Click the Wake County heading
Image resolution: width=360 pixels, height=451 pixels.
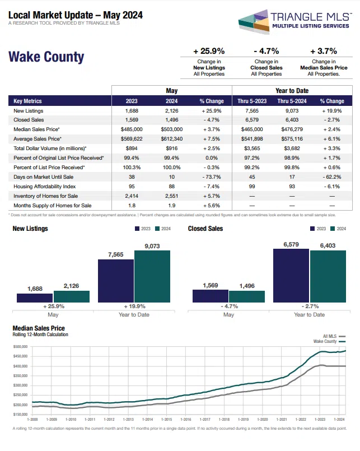pos(46,57)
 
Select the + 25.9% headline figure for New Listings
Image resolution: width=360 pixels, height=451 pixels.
pos(209,50)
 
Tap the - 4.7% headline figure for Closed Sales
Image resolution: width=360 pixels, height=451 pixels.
pos(266,50)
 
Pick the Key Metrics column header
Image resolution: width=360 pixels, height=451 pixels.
pos(28,101)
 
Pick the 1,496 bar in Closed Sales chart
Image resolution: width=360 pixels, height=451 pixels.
pos(247,296)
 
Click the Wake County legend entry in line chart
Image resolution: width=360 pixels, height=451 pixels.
pos(328,341)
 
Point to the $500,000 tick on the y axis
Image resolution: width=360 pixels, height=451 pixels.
pos(20,347)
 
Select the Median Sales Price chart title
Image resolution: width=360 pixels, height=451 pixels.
pos(39,328)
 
